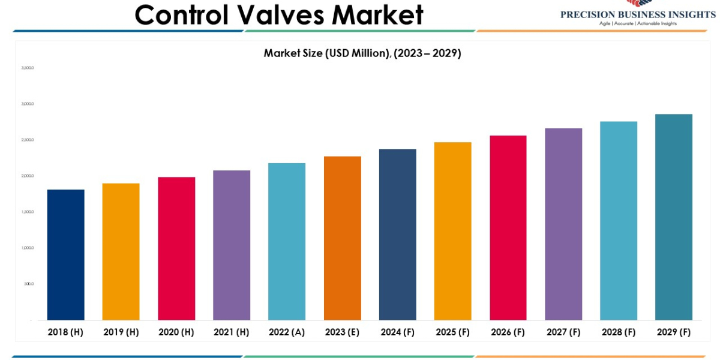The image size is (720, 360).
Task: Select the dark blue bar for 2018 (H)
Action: (x=65, y=254)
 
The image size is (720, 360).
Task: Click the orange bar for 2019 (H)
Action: (x=121, y=251)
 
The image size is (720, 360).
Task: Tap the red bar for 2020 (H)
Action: (x=176, y=248)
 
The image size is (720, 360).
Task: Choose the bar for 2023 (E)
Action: (x=343, y=238)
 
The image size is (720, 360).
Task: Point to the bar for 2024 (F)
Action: (x=398, y=235)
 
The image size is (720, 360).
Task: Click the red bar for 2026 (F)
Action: (x=508, y=227)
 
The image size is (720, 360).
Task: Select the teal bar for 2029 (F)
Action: (x=674, y=217)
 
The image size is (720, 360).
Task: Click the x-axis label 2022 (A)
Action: (x=287, y=332)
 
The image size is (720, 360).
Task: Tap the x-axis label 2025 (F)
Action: (x=453, y=332)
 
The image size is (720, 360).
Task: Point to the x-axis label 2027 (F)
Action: (x=563, y=332)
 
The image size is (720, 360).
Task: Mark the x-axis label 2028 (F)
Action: (x=619, y=332)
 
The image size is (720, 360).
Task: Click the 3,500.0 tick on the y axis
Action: (x=28, y=68)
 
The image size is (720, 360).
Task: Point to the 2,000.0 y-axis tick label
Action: (x=28, y=176)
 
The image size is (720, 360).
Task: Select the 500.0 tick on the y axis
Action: (x=29, y=284)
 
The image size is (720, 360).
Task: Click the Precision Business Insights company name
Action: (x=638, y=14)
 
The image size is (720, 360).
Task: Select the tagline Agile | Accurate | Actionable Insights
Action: (x=638, y=23)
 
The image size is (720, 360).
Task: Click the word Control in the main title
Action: (x=181, y=14)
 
